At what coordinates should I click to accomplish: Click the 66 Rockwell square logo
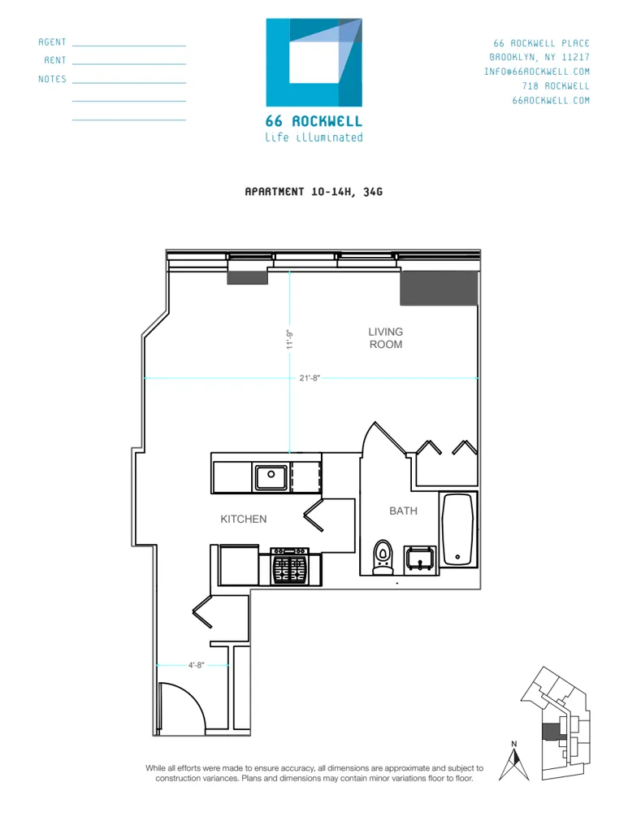tap(314, 63)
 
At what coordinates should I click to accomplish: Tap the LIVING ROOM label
tap(385, 338)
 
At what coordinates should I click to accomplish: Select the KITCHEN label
tap(243, 519)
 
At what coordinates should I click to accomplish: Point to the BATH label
tap(403, 511)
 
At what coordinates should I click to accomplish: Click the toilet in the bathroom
tap(382, 558)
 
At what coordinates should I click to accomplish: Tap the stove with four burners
tap(290, 565)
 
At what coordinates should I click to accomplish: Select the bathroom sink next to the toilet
tap(421, 560)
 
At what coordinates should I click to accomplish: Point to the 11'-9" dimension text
tap(288, 338)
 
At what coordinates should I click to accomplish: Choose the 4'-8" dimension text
tap(195, 665)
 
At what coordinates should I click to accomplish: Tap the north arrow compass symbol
tap(513, 763)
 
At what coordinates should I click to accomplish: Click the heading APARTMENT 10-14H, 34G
tap(314, 193)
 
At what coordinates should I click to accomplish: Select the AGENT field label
tap(53, 42)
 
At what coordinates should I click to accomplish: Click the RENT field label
tap(55, 61)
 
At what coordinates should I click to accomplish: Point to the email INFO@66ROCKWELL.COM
tap(537, 72)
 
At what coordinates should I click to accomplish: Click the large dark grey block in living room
tap(438, 288)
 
